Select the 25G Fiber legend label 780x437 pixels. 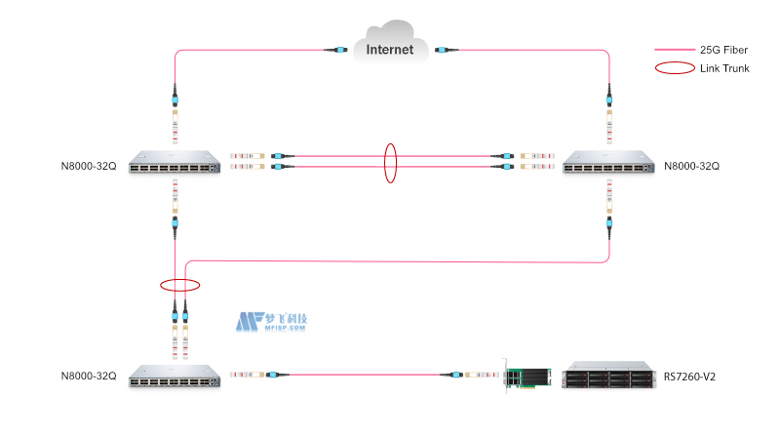point(723,49)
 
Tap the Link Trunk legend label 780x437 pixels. point(724,68)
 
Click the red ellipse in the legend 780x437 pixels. point(674,68)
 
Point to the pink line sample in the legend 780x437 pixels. point(674,49)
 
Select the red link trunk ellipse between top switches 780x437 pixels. point(391,162)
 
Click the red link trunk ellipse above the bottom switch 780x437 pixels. point(179,286)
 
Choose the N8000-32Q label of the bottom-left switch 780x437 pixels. point(88,376)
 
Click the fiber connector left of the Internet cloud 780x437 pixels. point(338,50)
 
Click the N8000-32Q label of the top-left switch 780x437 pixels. point(88,167)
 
